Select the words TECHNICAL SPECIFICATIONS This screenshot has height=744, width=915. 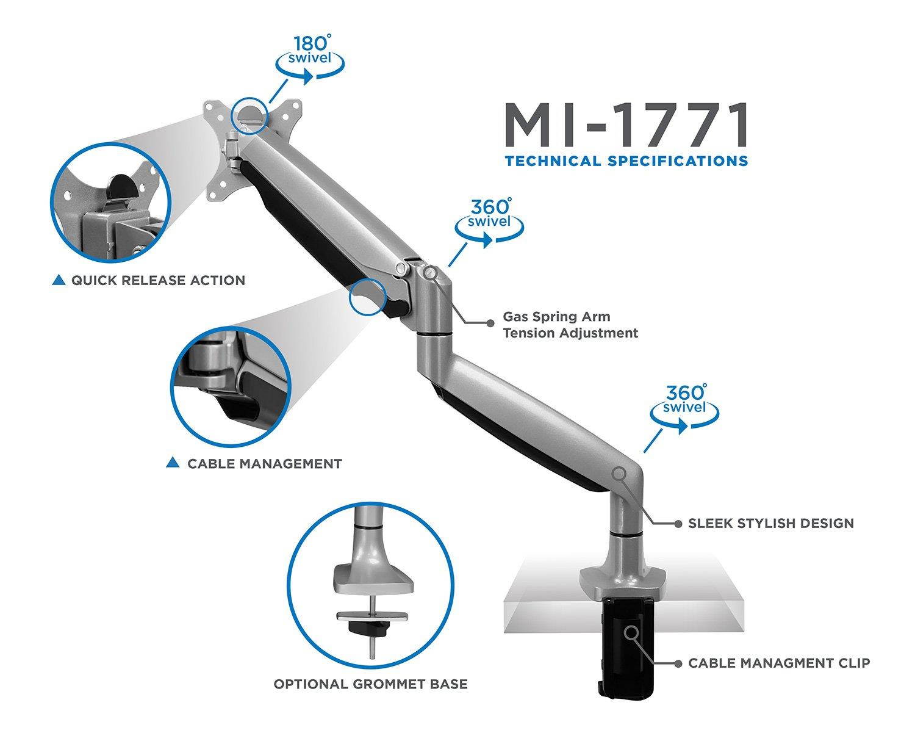click(626, 161)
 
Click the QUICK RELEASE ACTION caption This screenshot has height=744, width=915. click(158, 280)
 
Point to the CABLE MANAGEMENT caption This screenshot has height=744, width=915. click(264, 463)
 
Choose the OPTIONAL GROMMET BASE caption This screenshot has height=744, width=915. click(370, 684)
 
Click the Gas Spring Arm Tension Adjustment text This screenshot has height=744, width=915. click(570, 325)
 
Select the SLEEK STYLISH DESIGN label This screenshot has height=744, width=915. click(770, 523)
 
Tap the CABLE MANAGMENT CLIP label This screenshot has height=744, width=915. click(778, 663)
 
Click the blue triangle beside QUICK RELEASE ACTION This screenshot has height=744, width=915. click(59, 280)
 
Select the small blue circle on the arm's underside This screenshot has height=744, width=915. click(367, 297)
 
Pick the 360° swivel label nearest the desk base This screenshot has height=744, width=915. click(684, 400)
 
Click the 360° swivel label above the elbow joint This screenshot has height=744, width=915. click(489, 214)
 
